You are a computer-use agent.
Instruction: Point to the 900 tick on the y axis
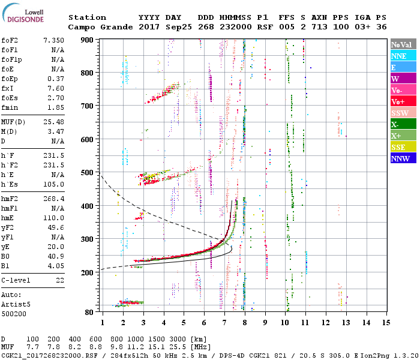(88, 40)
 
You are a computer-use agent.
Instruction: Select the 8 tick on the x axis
(245, 323)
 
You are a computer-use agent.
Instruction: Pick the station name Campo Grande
(96, 27)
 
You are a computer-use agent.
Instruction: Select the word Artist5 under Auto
(16, 305)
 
